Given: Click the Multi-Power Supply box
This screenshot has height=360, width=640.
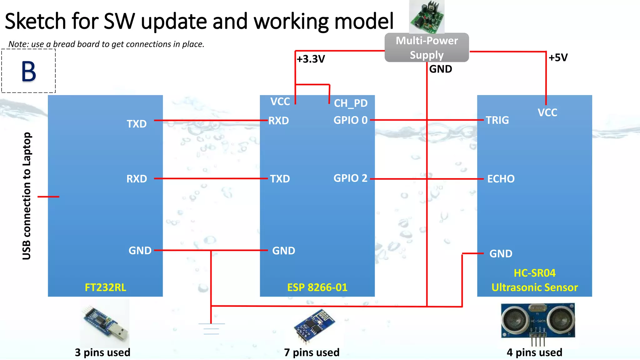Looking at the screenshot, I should (427, 47).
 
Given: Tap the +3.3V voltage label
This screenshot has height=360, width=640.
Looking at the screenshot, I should (311, 59).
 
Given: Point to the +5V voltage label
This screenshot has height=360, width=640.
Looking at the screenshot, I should (558, 57).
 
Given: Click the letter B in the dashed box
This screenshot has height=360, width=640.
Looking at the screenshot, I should (28, 72).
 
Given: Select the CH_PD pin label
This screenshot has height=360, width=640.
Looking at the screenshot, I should (351, 103).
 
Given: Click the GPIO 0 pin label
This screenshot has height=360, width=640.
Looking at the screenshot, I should (350, 120).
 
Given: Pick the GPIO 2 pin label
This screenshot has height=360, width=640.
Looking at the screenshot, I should (350, 178).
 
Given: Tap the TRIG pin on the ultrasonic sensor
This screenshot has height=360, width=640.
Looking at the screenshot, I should (497, 120).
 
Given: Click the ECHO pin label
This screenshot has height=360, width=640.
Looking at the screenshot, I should (501, 179).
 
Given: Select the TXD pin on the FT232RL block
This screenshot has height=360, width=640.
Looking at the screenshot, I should (137, 124).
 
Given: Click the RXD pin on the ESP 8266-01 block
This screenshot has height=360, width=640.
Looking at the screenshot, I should (278, 121).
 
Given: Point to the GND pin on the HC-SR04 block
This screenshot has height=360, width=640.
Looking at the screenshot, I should (501, 253).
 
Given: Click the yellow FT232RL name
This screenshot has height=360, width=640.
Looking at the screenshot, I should (105, 287).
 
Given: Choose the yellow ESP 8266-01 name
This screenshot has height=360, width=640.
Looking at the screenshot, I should (317, 287).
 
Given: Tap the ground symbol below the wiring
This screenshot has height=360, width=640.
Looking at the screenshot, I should (211, 328).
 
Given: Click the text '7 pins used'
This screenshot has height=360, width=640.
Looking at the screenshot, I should (312, 352).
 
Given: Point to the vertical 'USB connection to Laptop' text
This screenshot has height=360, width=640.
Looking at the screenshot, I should (27, 196).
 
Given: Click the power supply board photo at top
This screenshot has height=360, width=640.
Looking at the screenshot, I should (427, 16).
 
